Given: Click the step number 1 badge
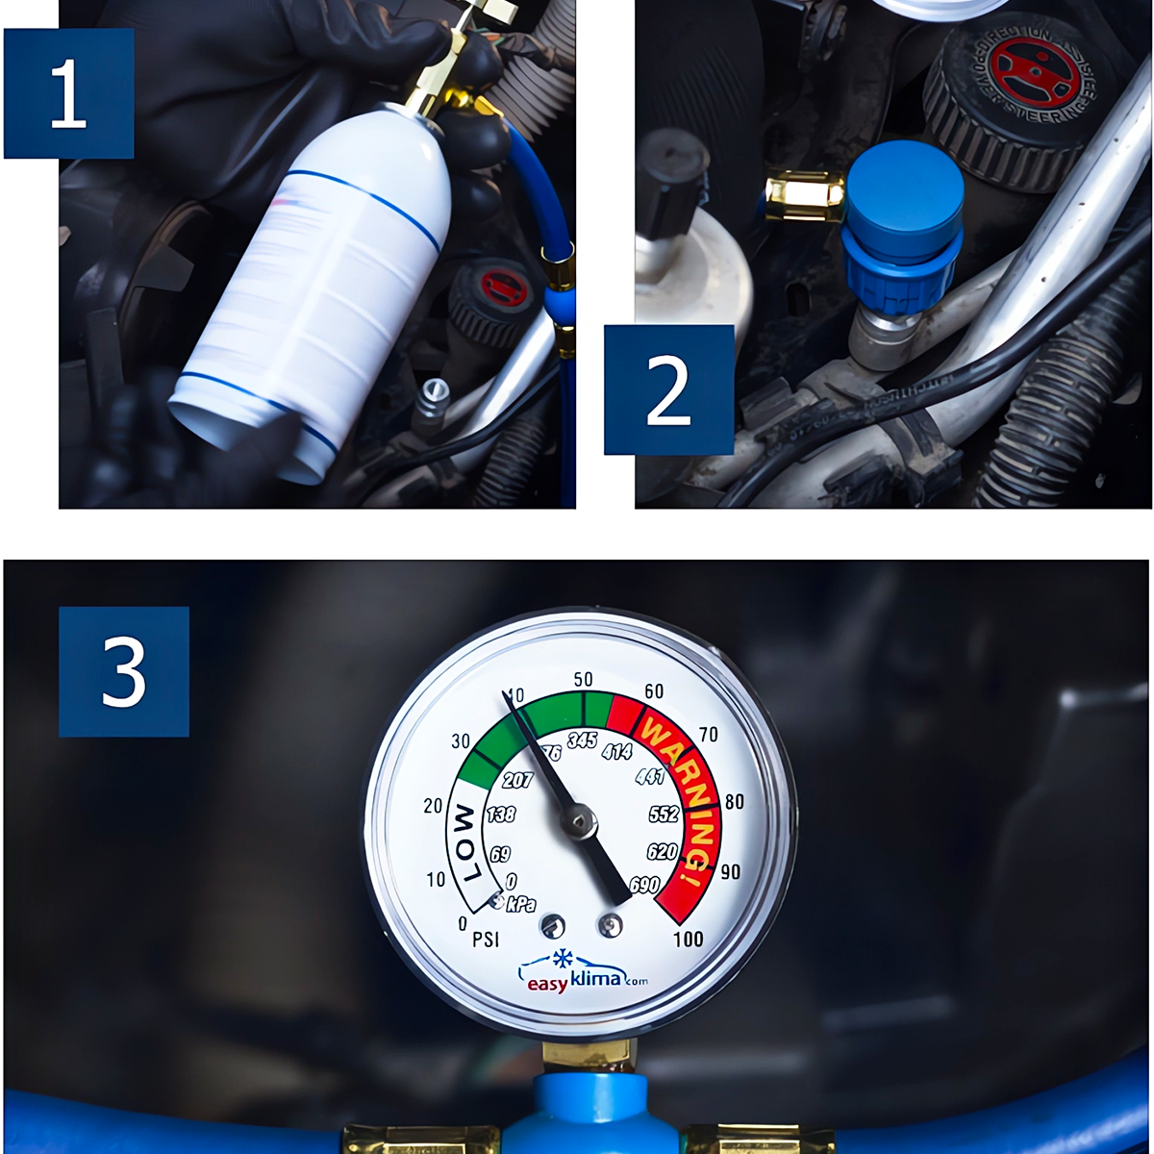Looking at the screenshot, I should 68,93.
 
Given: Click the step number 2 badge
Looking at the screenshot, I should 668,389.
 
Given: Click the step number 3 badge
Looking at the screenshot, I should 123,671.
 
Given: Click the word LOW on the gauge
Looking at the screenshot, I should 464,844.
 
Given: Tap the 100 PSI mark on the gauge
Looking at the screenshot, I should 688,939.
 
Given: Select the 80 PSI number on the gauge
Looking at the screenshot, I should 735,802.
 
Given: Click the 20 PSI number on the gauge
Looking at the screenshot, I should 433,806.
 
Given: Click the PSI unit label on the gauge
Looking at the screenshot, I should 487,940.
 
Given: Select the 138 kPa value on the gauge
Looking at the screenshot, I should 500,815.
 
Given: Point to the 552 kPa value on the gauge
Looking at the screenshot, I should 664,815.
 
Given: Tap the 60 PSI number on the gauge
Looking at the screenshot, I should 654,691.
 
